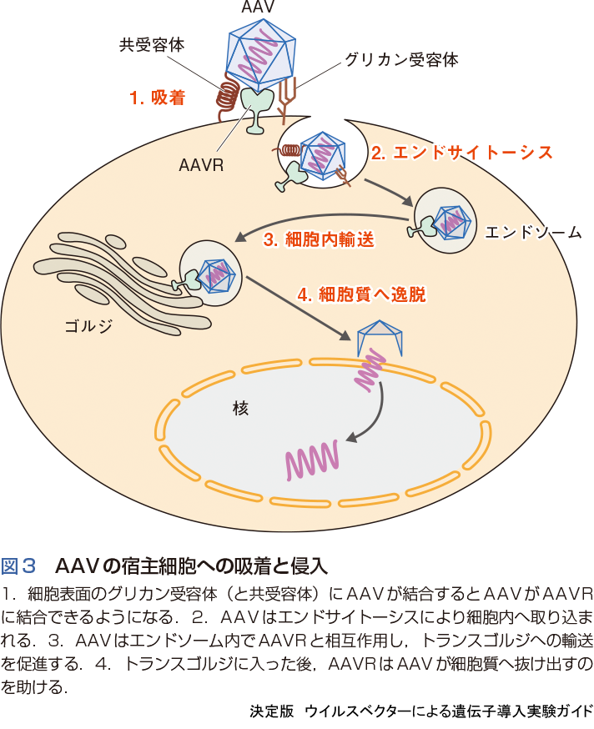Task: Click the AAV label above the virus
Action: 252,8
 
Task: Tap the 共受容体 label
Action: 151,45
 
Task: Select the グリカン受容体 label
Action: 400,61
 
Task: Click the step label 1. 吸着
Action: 157,98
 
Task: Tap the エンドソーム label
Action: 533,232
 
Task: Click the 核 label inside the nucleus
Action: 241,409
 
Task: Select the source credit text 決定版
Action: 270,711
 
